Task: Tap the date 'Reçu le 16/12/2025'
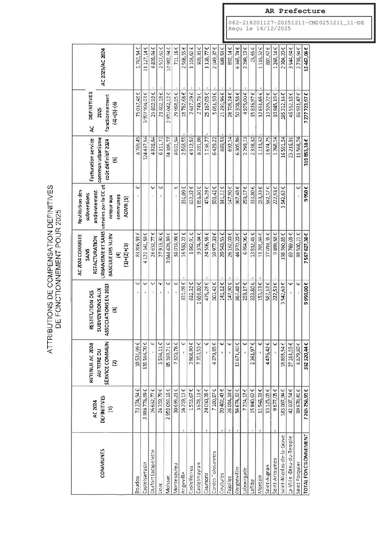(259, 29)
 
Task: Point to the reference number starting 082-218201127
(296, 23)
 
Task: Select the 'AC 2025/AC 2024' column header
(103, 67)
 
